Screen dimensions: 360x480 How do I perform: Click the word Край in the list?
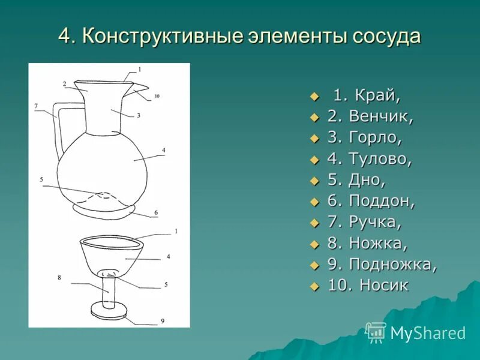[377, 95]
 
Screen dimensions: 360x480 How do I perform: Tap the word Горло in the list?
[375, 138]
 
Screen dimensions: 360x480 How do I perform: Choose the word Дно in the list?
[367, 180]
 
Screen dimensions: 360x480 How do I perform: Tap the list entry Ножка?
[378, 244]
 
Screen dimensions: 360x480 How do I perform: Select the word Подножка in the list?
[392, 265]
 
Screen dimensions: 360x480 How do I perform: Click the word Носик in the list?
[384, 286]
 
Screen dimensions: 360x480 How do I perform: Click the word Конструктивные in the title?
[162, 36]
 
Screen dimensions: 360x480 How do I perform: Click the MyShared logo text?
[427, 333]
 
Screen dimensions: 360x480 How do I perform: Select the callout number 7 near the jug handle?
[36, 106]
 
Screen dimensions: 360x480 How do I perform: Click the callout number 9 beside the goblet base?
[162, 322]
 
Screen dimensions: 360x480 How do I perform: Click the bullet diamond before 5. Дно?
[313, 181]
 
